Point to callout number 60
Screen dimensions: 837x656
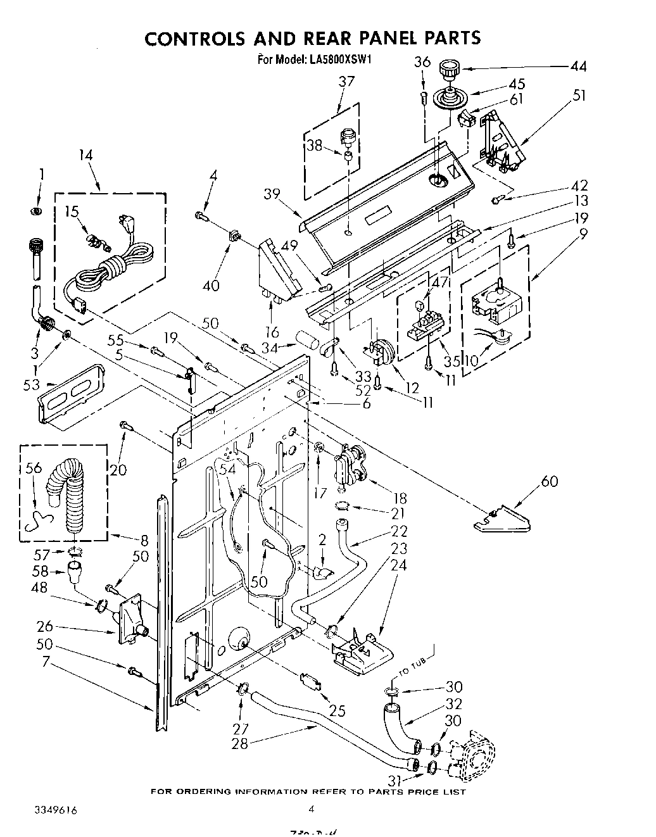549,482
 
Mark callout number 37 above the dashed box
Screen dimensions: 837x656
346,81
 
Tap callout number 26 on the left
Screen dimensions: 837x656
27,627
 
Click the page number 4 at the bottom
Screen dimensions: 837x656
311,809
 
